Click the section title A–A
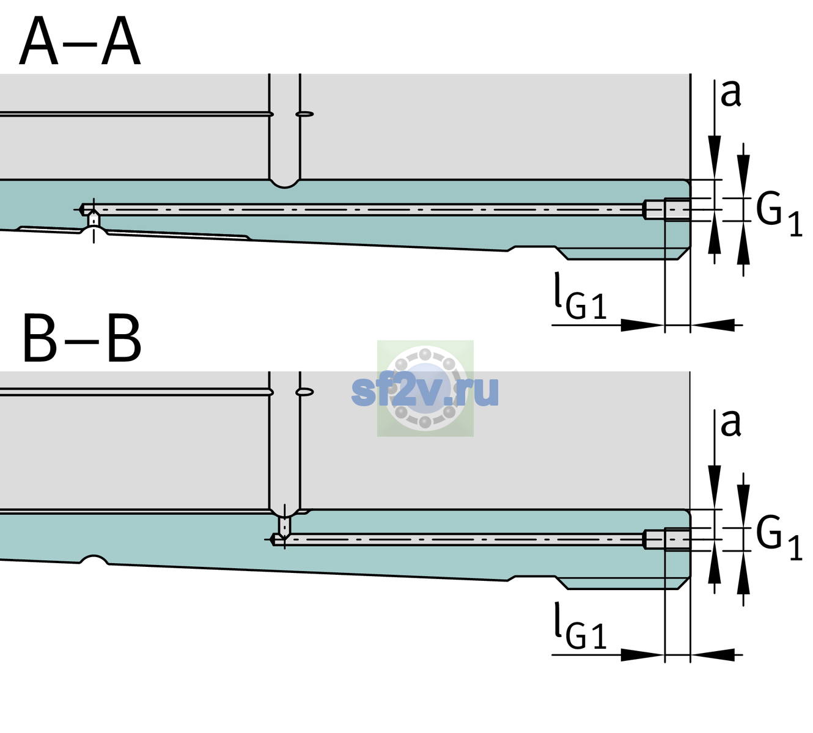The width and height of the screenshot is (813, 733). (x=80, y=42)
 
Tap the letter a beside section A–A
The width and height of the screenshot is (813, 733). (x=730, y=94)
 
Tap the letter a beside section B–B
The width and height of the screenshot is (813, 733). (x=730, y=424)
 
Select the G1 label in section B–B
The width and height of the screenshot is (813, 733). (x=779, y=539)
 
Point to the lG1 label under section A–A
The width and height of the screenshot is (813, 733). (x=580, y=296)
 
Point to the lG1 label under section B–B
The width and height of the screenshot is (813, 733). (x=580, y=626)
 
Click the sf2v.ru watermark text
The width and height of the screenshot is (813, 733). (x=425, y=391)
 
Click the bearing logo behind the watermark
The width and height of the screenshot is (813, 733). (x=425, y=388)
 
